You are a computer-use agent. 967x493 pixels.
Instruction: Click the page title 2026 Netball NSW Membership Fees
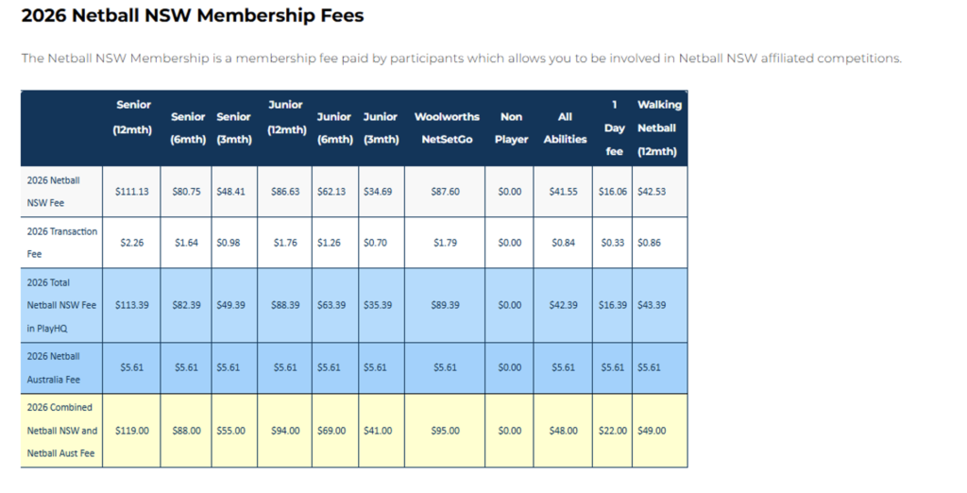pos(193,15)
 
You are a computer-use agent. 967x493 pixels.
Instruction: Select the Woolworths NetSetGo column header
pos(447,127)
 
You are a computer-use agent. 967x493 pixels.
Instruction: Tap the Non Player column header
pos(511,127)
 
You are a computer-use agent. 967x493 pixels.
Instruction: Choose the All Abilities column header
pos(565,127)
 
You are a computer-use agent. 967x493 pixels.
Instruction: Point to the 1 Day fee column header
pos(614,127)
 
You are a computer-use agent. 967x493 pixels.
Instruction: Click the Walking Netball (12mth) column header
pos(658,127)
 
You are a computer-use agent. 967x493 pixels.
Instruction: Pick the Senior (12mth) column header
pos(133,116)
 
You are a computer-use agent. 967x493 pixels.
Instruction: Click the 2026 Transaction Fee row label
pos(61,243)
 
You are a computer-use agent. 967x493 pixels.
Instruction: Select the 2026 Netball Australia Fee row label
pos(53,367)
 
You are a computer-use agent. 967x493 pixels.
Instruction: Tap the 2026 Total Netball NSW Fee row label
pos(61,305)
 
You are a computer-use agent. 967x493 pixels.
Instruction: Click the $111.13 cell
pos(132,192)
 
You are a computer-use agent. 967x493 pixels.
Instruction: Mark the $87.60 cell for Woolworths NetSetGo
pos(446,192)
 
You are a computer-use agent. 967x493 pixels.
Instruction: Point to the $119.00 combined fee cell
pos(132,431)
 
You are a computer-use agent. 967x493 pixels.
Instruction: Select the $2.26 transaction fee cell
pos(132,243)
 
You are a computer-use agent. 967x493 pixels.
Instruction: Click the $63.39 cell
pos(331,305)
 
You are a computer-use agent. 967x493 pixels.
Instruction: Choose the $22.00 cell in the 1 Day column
pos(612,431)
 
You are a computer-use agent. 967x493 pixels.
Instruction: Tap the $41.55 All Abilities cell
pos(564,192)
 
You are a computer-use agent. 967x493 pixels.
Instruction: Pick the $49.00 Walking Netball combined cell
pos(652,431)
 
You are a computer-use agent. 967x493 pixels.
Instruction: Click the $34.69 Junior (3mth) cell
pos(378,192)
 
